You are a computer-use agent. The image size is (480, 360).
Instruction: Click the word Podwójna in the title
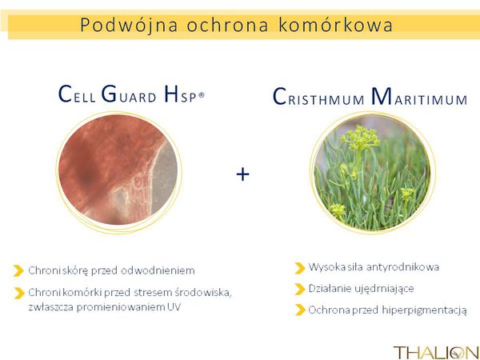[129, 25]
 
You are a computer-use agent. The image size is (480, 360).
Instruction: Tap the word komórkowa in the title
[335, 25]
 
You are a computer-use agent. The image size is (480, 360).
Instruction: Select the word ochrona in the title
[227, 25]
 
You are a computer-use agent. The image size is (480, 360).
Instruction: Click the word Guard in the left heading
[129, 94]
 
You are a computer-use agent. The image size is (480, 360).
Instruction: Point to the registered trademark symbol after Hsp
[201, 95]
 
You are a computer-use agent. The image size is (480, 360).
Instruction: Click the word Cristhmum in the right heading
[318, 97]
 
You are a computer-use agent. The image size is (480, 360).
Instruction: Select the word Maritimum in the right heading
[419, 97]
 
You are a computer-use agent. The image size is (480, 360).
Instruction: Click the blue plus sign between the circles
[242, 174]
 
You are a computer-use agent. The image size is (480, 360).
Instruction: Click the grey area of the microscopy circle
[165, 178]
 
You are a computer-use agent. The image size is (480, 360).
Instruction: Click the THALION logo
[436, 352]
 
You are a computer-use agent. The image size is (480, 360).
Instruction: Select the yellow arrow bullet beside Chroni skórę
[18, 270]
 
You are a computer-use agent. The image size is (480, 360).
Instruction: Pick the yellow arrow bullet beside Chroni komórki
[19, 293]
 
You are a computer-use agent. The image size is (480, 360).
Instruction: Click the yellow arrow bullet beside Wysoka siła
[300, 268]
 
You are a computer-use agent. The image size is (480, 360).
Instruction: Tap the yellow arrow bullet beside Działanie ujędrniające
[300, 289]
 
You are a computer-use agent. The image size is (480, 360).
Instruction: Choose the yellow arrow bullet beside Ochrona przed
[300, 310]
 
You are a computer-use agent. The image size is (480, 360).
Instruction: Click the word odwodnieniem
[158, 270]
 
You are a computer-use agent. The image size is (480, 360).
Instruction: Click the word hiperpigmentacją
[425, 310]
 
